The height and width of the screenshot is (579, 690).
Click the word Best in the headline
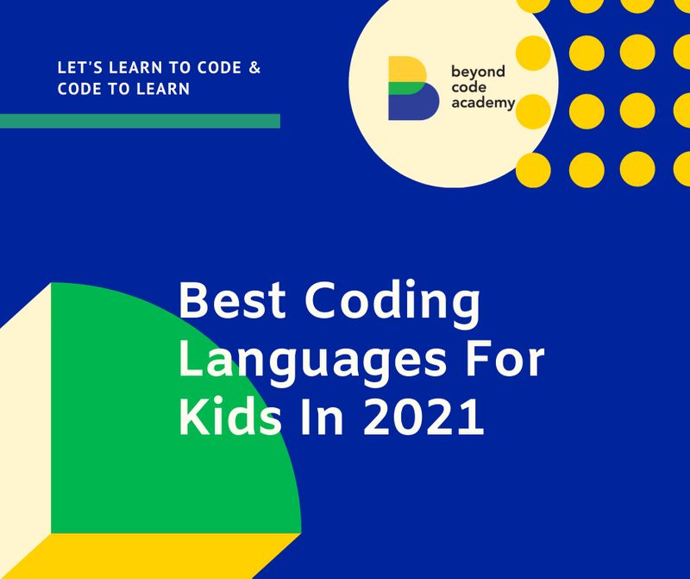point(232,300)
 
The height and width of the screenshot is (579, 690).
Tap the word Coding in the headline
point(392,305)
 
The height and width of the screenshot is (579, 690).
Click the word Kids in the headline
point(229,416)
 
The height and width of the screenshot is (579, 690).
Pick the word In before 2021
point(321,417)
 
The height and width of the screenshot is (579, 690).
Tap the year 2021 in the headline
point(423,417)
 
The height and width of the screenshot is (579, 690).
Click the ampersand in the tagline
point(254,68)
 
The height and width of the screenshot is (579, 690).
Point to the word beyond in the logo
point(478,72)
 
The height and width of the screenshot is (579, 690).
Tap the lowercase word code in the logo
point(468,87)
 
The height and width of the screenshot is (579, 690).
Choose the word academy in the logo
point(483,104)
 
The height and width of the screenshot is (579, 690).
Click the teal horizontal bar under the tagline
point(140,121)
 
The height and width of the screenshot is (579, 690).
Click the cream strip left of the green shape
point(25,431)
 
